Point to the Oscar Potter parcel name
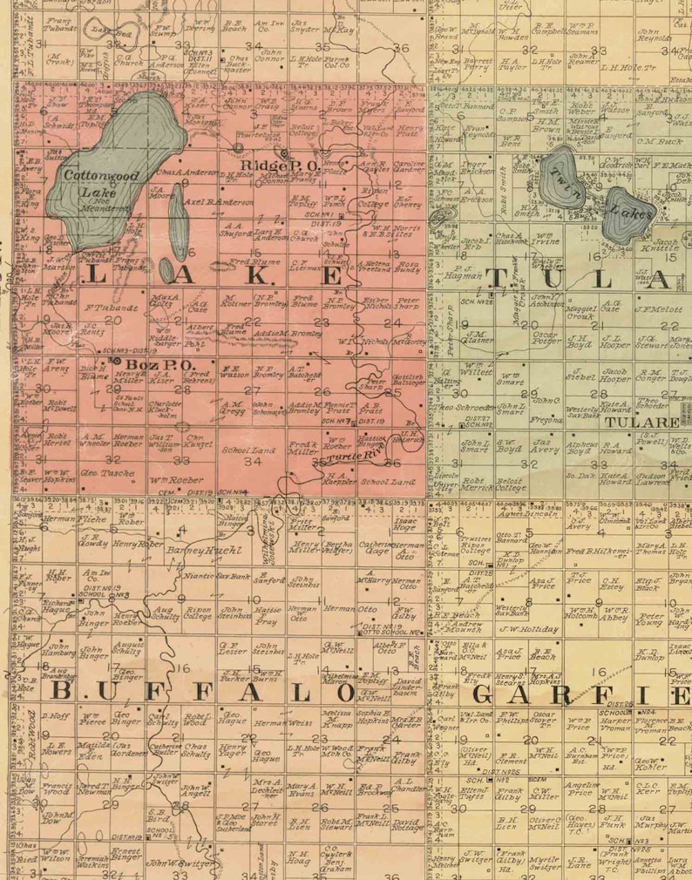(546, 338)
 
